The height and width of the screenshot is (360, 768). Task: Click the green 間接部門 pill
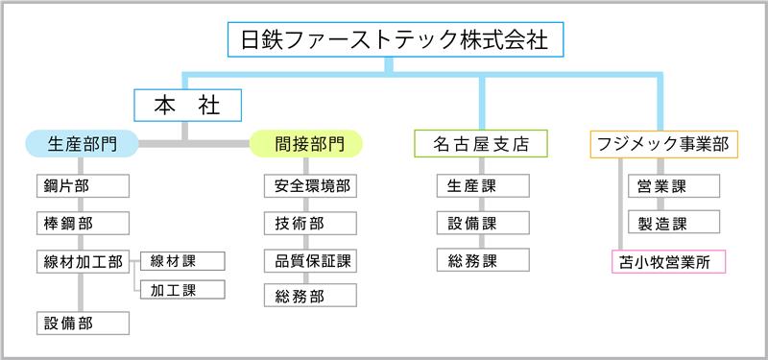point(307,145)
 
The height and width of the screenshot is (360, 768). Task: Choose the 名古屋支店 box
point(481,145)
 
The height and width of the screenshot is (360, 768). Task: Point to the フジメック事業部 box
point(662,145)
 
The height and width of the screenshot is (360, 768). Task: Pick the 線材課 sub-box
point(180,260)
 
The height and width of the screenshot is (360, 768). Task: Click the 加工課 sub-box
point(180,288)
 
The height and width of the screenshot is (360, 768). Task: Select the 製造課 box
point(673,223)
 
